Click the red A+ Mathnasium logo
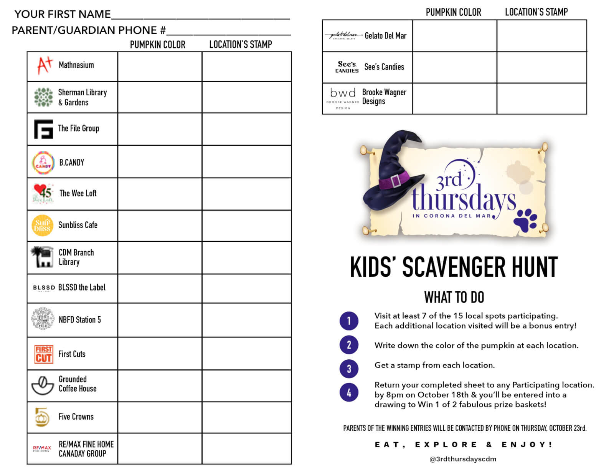click(44, 65)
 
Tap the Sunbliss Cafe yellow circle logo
click(42, 226)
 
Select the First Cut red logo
click(44, 354)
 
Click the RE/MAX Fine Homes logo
click(42, 448)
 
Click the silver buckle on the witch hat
click(396, 181)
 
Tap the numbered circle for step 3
click(349, 369)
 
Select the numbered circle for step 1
click(349, 321)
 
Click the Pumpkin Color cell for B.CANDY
click(160, 161)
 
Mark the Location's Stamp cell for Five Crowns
click(247, 417)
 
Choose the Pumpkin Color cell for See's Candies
click(454, 67)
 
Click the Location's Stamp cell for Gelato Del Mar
click(541, 36)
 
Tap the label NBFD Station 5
click(80, 320)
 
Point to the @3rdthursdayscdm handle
click(463, 459)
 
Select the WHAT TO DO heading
click(454, 297)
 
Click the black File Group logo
click(43, 129)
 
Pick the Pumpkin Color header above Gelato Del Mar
click(453, 12)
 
